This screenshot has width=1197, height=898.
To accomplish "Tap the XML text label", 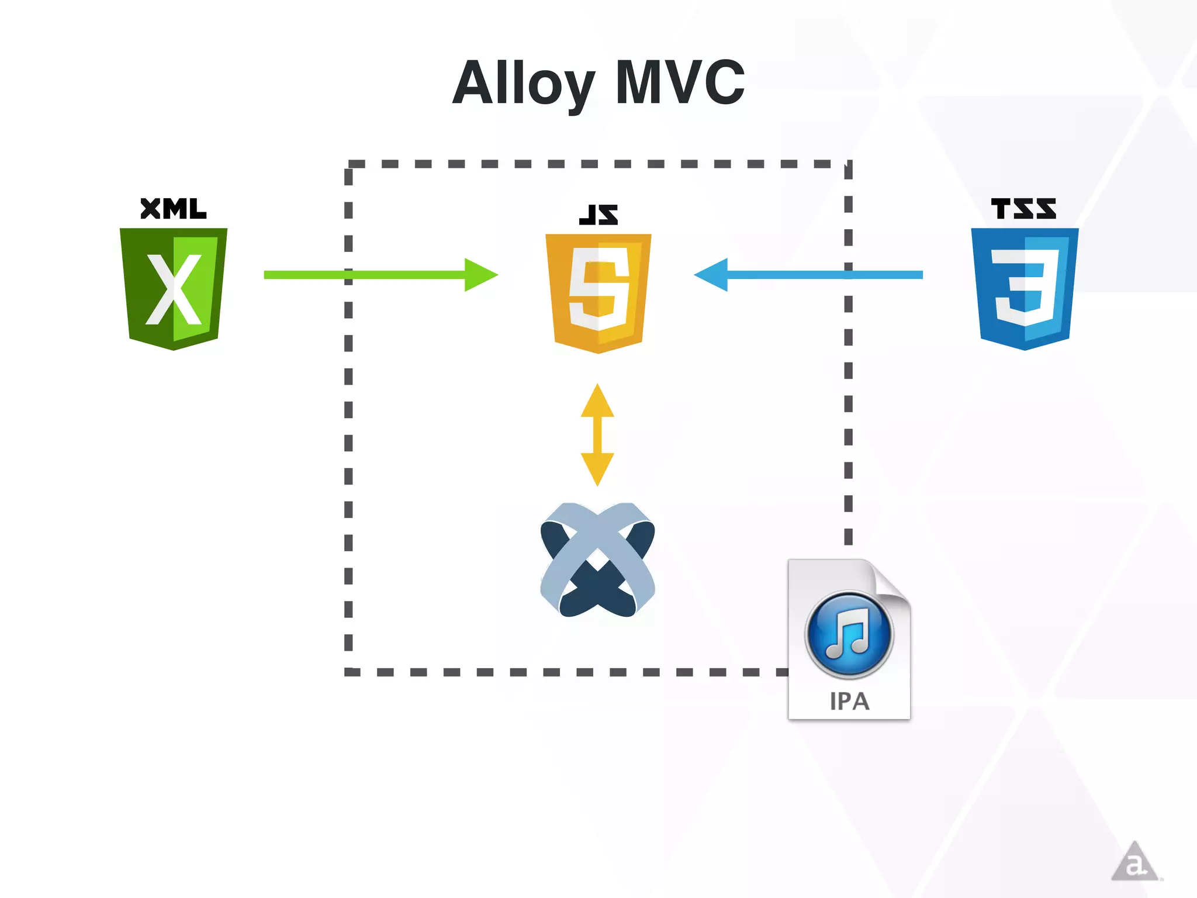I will click(174, 209).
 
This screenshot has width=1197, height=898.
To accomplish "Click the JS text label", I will click(598, 215).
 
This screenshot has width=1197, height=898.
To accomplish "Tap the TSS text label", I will click(1023, 209).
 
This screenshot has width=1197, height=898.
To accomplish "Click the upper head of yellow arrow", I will click(597, 402).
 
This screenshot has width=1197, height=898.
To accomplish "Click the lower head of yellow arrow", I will click(597, 468).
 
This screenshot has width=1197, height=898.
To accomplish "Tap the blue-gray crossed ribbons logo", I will click(597, 559).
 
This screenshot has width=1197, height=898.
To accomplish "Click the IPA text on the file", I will click(849, 701).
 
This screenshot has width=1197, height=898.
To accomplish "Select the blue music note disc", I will click(849, 634).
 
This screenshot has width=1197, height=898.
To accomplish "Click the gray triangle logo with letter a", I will click(1134, 863).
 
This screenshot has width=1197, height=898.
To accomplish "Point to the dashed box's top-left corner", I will click(349, 165).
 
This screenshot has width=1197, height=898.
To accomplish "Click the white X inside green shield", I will click(174, 289).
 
